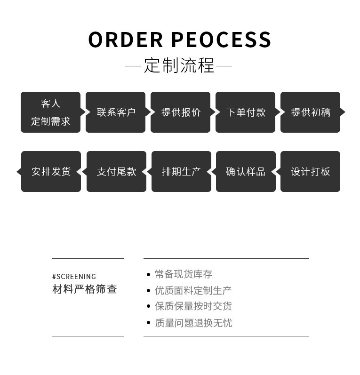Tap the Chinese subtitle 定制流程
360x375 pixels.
tap(179, 65)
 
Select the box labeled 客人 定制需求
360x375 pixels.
tap(50, 112)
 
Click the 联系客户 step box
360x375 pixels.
tap(116, 112)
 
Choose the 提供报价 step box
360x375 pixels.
tap(181, 112)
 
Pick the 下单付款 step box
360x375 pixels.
tap(246, 112)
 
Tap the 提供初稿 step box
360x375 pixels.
tap(311, 112)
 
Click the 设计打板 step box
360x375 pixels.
tap(311, 171)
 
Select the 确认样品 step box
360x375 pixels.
tap(246, 171)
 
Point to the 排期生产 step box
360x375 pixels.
tap(181, 171)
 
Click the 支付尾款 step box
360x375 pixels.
tap(116, 171)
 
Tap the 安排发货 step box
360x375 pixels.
tap(51, 171)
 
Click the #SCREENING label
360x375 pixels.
tap(74, 277)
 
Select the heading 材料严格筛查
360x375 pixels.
tap(84, 289)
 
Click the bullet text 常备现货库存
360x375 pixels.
tap(184, 274)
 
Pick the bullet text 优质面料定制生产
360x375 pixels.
tap(193, 290)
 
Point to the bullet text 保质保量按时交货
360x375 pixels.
tap(193, 306)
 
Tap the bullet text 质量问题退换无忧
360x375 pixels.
tap(193, 323)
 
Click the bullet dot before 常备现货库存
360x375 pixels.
tap(149, 274)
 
